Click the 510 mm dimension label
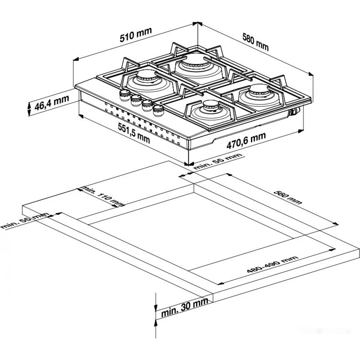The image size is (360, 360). pyautogui.click(x=136, y=35)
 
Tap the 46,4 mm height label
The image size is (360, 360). pyautogui.click(x=51, y=103)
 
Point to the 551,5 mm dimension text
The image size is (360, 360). pyautogui.click(x=134, y=133)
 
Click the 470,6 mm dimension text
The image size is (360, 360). pyautogui.click(x=246, y=140)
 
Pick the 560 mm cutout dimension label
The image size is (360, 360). pyautogui.click(x=288, y=197)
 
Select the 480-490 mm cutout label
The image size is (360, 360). pyautogui.click(x=273, y=264)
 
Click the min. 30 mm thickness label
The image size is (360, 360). pyautogui.click(x=185, y=307)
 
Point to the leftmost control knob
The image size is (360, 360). pyautogui.click(x=125, y=95)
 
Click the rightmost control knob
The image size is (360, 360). pyautogui.click(x=158, y=111)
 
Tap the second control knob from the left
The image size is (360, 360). pyautogui.click(x=136, y=100)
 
